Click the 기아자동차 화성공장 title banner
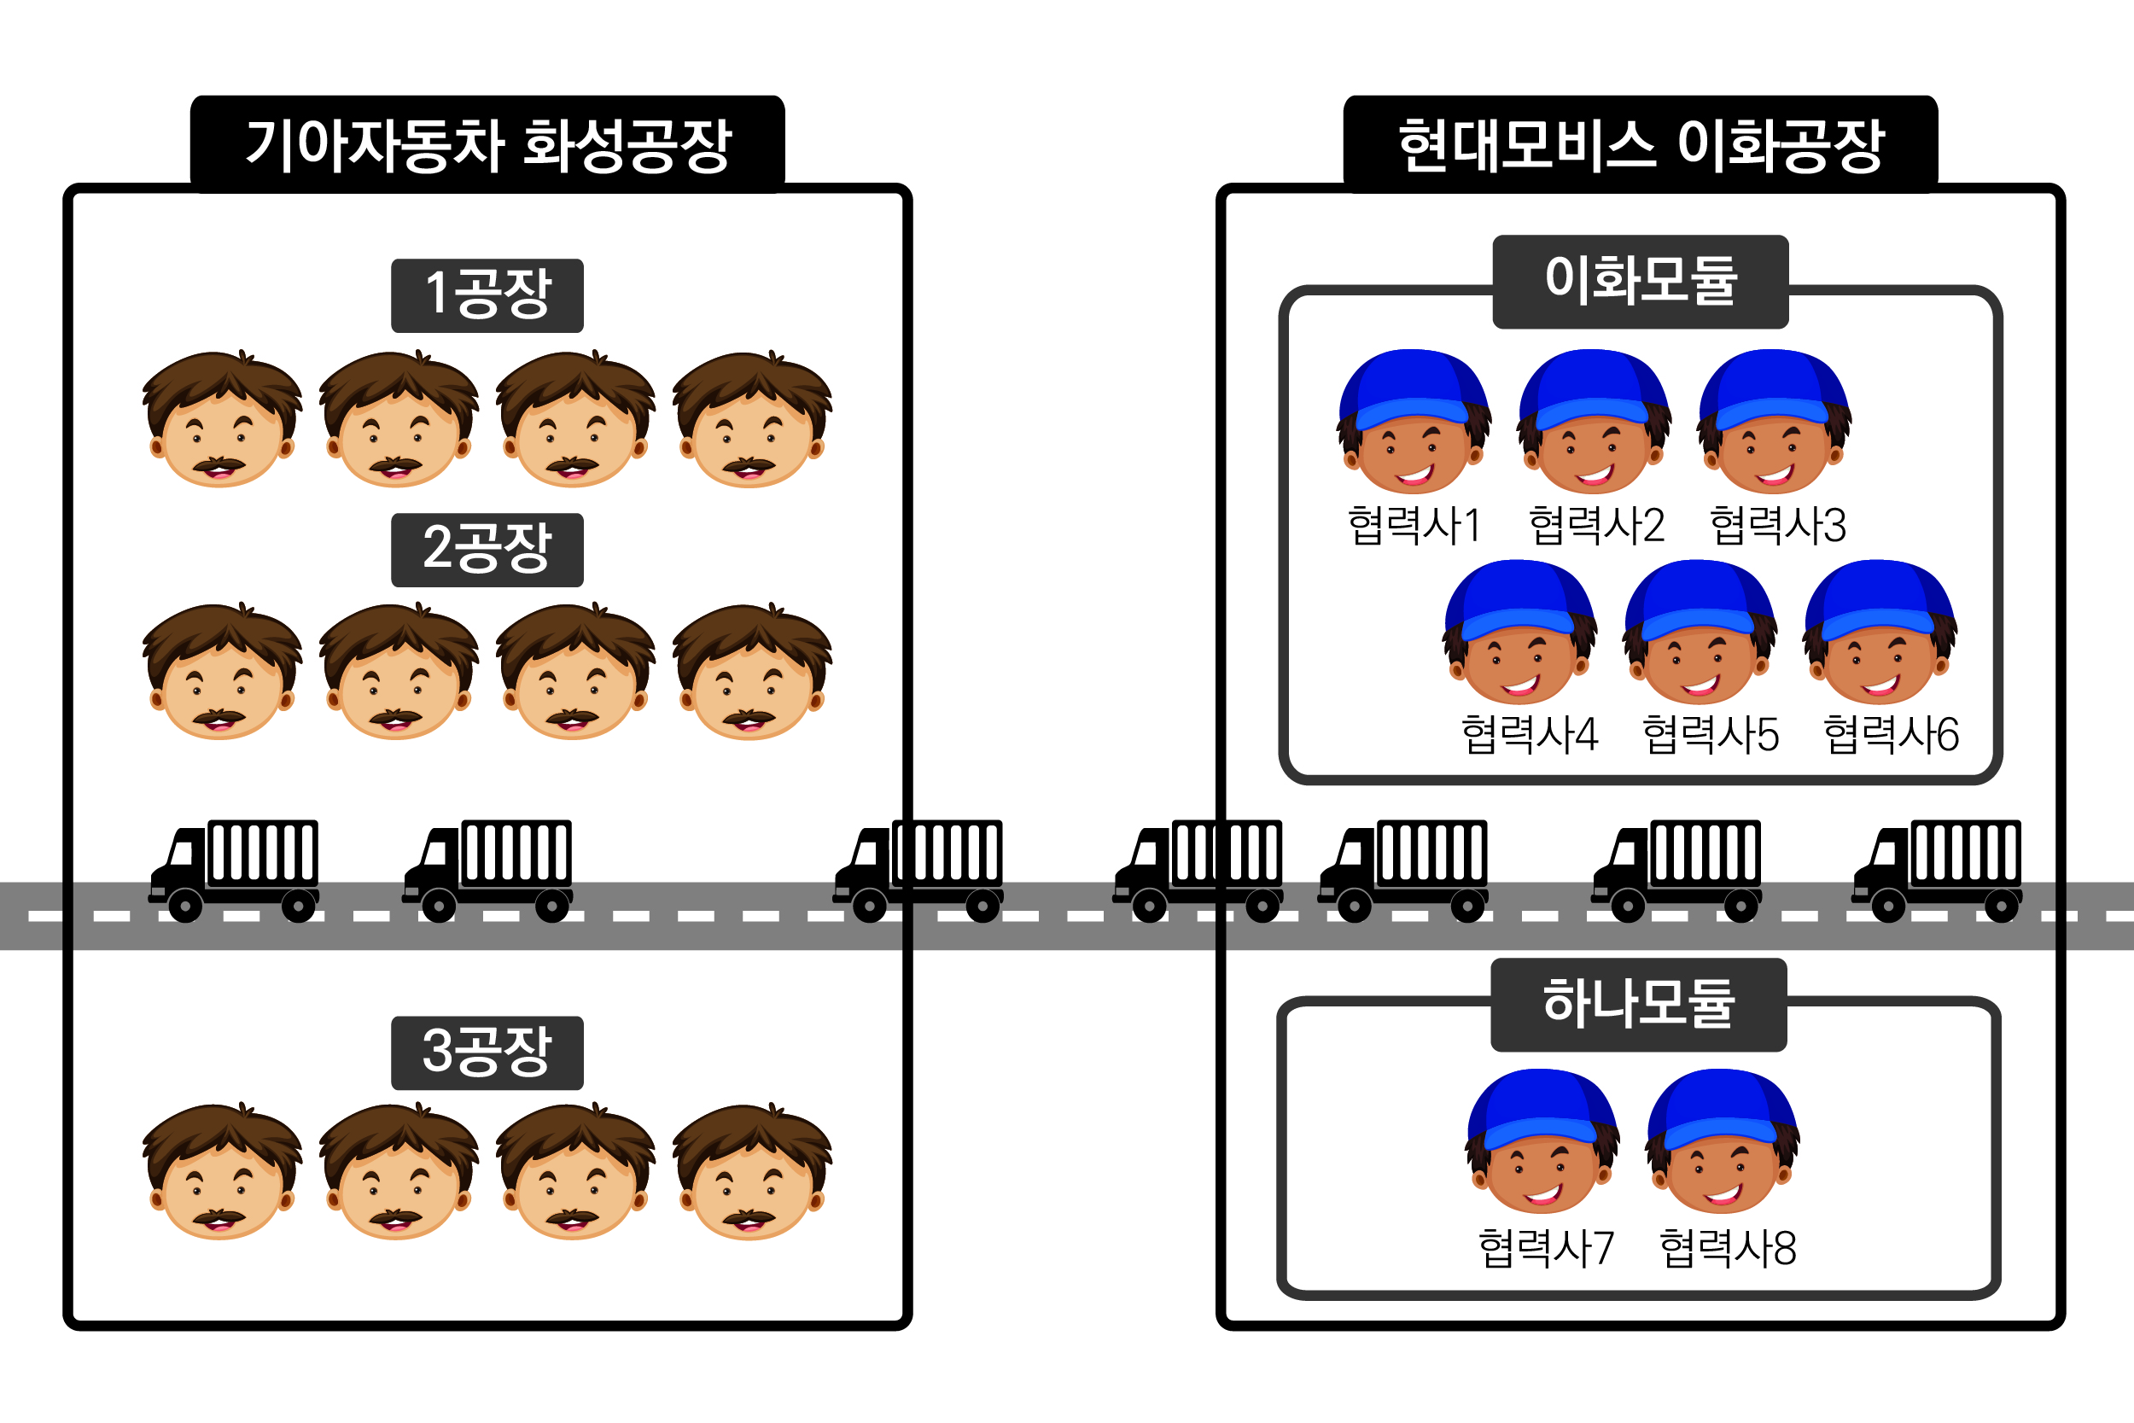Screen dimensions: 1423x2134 click(x=487, y=144)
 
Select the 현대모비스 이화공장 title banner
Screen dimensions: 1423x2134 click(x=1641, y=144)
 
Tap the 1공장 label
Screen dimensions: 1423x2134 click(x=487, y=295)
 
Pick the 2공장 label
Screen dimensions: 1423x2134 click(x=487, y=549)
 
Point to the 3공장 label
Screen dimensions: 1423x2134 click(x=487, y=1053)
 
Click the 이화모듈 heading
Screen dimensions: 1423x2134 click(x=1641, y=281)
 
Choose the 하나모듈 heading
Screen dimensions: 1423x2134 click(x=1639, y=1005)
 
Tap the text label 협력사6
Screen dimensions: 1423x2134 click(x=1892, y=735)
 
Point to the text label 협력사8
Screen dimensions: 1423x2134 click(x=1728, y=1248)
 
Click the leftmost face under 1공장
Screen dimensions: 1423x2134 click(x=222, y=422)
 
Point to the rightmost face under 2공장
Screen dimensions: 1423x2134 click(x=752, y=674)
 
